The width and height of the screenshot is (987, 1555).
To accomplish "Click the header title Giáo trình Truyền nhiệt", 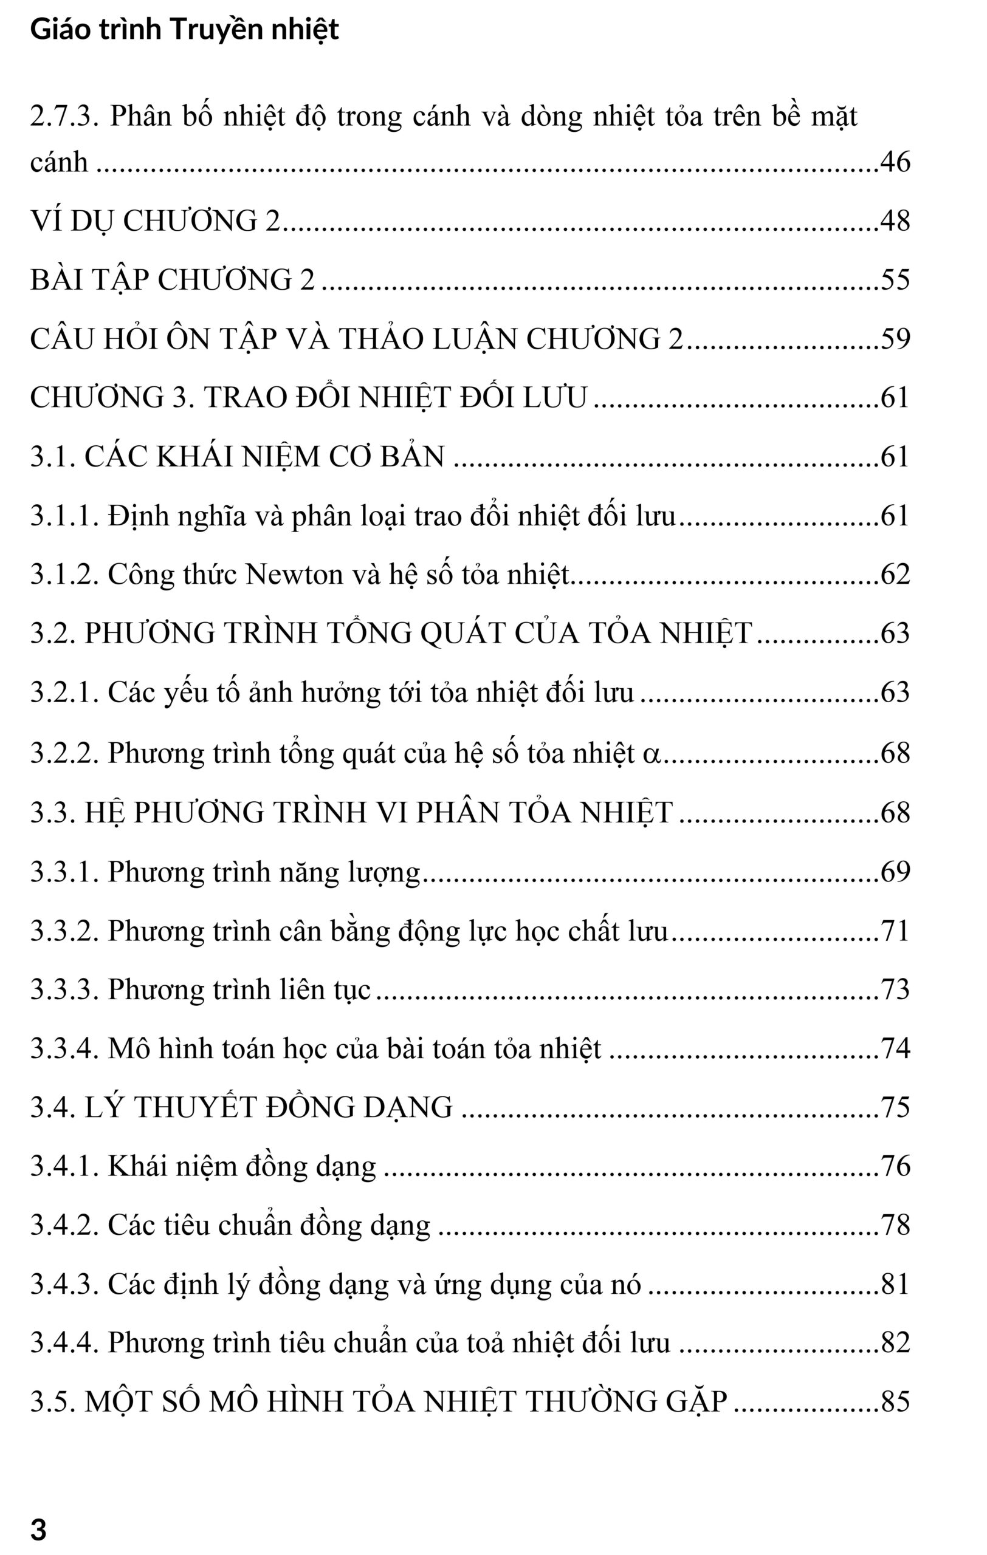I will pyautogui.click(x=184, y=30).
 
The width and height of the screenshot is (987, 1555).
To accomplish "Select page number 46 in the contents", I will pyautogui.click(x=895, y=162).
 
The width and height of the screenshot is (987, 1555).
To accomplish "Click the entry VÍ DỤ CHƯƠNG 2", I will pyautogui.click(x=155, y=221).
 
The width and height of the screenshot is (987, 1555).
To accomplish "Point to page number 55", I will pyautogui.click(x=895, y=279).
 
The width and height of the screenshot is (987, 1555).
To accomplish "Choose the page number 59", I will pyautogui.click(x=895, y=339).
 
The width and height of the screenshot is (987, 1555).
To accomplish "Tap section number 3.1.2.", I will pyautogui.click(x=64, y=574).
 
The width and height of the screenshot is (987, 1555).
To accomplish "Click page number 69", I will pyautogui.click(x=895, y=872).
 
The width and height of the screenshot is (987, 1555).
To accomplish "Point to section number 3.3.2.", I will pyautogui.click(x=64, y=931).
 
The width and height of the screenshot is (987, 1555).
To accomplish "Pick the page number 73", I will pyautogui.click(x=895, y=990).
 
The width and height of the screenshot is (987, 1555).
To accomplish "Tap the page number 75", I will pyautogui.click(x=895, y=1107).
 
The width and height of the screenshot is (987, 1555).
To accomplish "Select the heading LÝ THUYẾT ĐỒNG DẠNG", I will pyautogui.click(x=269, y=1107).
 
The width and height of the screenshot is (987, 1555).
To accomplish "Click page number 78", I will pyautogui.click(x=895, y=1225).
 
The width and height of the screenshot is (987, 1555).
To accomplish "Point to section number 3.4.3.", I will pyautogui.click(x=64, y=1283).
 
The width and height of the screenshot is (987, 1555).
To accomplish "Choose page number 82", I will pyautogui.click(x=895, y=1343).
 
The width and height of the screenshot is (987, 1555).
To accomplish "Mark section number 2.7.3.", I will pyautogui.click(x=64, y=117).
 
